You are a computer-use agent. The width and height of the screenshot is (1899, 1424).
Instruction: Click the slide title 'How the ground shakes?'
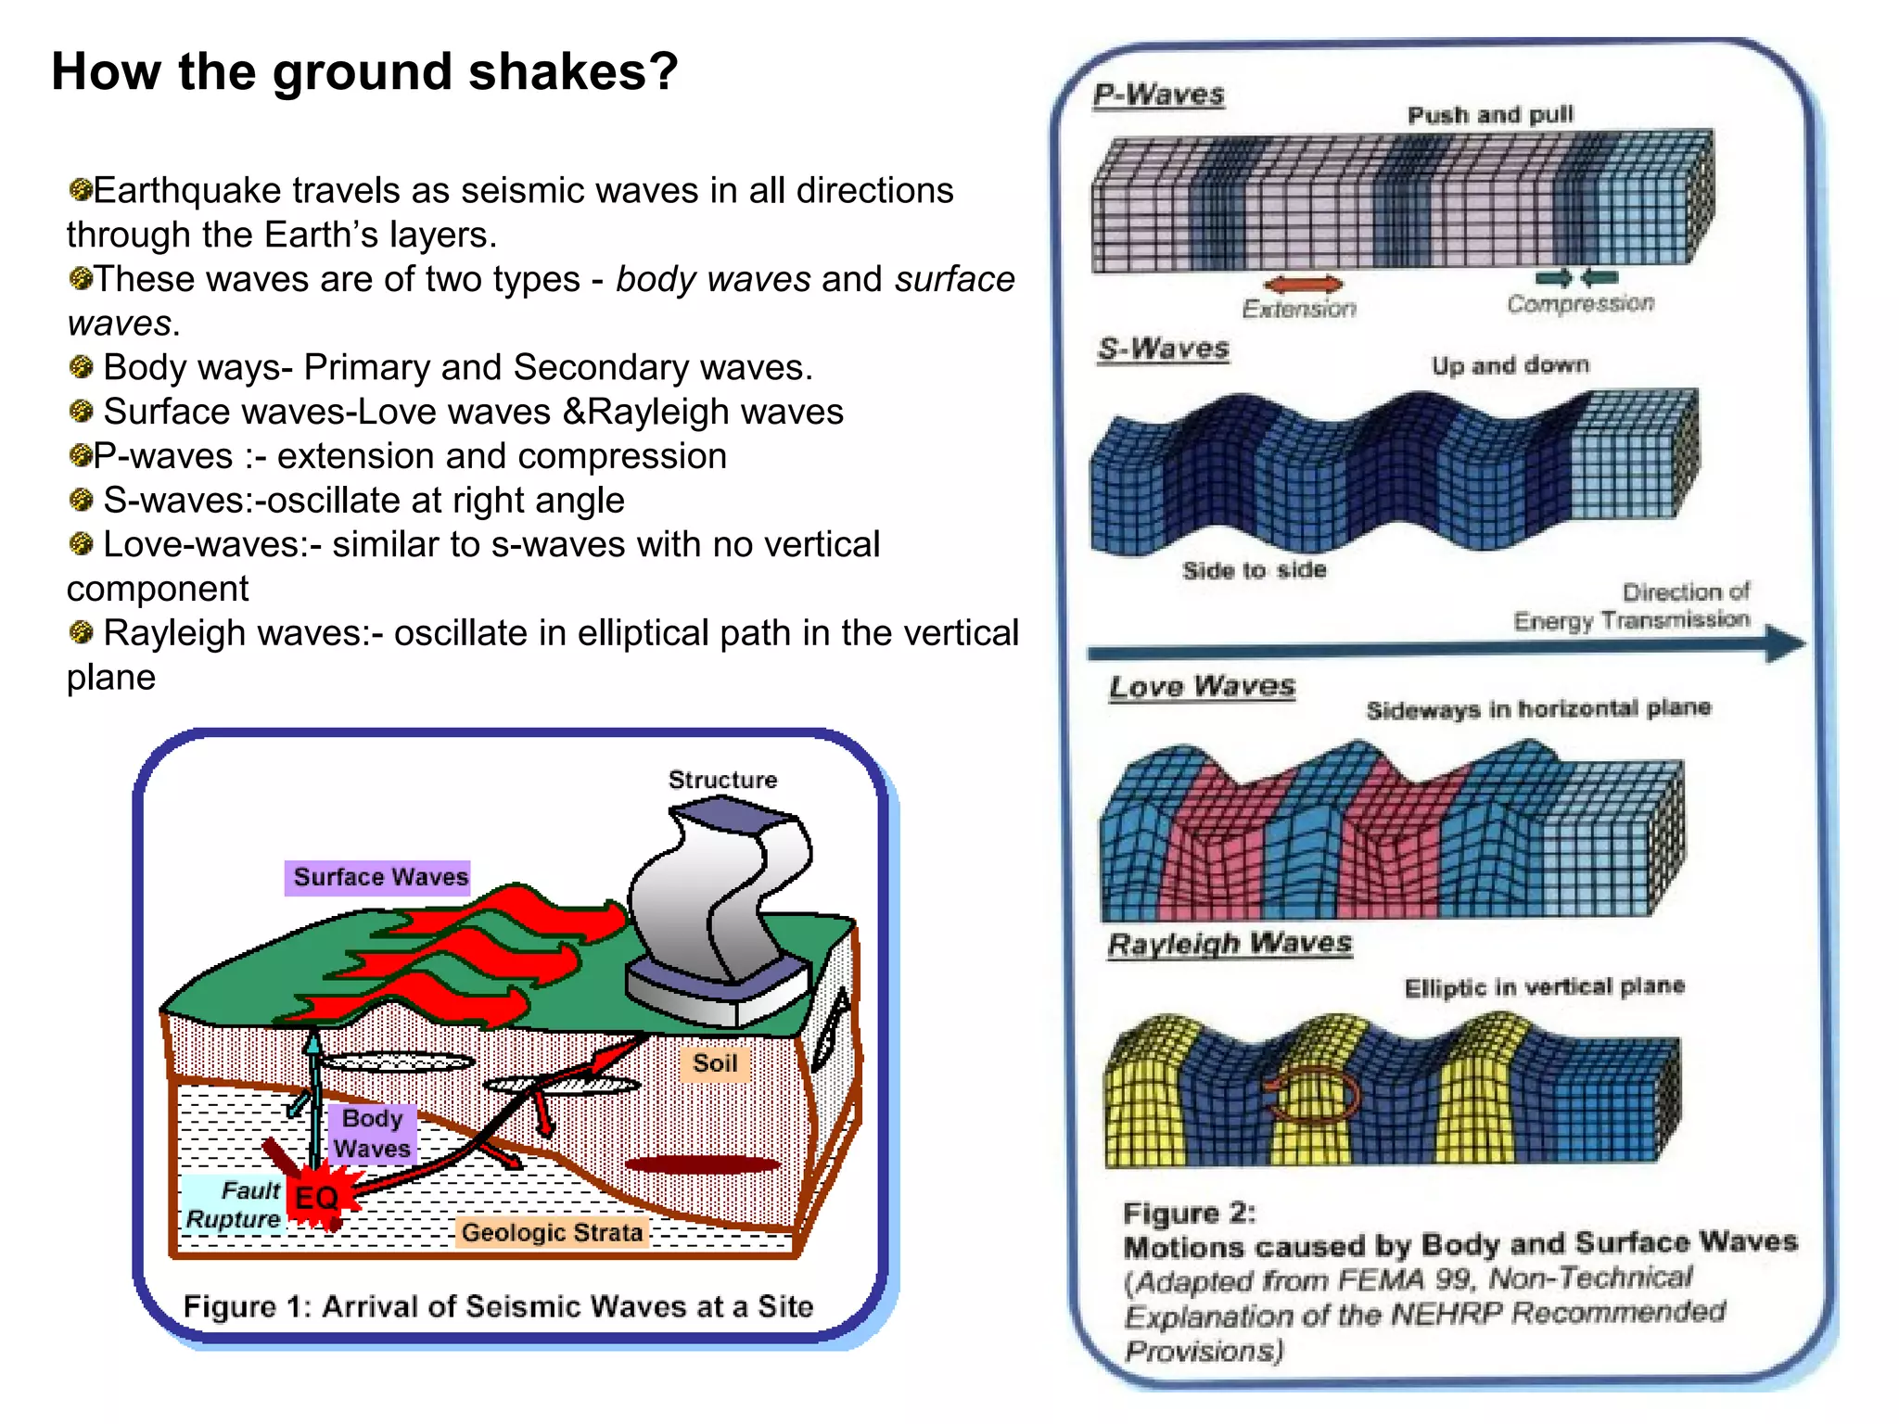[364, 71]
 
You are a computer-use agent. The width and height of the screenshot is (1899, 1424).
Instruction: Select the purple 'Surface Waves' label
[378, 877]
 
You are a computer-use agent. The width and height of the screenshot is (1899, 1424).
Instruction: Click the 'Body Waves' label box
[372, 1133]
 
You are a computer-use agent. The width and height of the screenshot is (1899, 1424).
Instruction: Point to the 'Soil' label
[715, 1063]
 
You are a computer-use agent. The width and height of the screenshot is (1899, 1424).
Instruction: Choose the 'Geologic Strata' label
[552, 1233]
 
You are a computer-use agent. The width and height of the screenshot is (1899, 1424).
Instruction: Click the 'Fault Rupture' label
[235, 1204]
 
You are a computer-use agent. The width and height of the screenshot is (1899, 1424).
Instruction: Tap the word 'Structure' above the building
[722, 780]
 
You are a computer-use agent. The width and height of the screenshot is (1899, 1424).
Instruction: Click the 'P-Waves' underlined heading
[1158, 95]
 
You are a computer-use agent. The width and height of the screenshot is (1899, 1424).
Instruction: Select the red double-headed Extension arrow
[1303, 284]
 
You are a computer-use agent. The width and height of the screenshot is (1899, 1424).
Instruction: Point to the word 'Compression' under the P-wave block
[1580, 304]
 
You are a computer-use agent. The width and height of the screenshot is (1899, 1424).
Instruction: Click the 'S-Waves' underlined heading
[1163, 350]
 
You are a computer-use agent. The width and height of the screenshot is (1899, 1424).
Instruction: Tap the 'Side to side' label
[1254, 570]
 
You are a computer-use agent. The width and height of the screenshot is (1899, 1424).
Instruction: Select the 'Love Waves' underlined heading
[1202, 687]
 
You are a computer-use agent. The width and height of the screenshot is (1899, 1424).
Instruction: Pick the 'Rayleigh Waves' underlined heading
[1230, 945]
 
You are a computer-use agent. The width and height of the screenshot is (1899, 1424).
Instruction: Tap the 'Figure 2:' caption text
[1189, 1213]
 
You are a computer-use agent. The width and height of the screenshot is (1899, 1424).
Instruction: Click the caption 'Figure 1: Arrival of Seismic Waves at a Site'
[498, 1306]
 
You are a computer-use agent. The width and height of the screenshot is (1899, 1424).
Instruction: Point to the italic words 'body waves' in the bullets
[712, 279]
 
